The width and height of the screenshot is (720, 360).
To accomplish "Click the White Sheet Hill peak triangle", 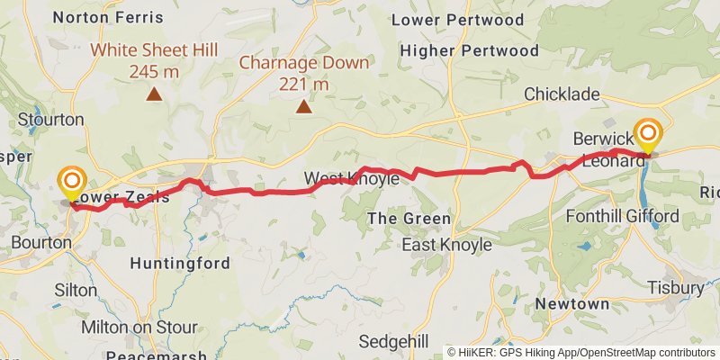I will (x=155, y=93).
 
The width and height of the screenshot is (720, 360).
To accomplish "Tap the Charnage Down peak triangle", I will (x=304, y=107).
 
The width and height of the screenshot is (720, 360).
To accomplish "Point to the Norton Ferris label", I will (x=108, y=17).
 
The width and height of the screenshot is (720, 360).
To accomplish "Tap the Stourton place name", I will (x=51, y=119).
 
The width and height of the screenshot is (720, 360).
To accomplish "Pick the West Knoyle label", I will (x=351, y=178).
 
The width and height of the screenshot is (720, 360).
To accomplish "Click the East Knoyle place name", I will (x=446, y=245).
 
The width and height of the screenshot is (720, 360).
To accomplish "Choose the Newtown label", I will (x=571, y=304).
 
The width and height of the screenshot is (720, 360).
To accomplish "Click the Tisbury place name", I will (x=675, y=287).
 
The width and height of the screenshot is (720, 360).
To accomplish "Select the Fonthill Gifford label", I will (x=622, y=216).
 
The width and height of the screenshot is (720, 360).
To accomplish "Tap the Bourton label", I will (x=42, y=242).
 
